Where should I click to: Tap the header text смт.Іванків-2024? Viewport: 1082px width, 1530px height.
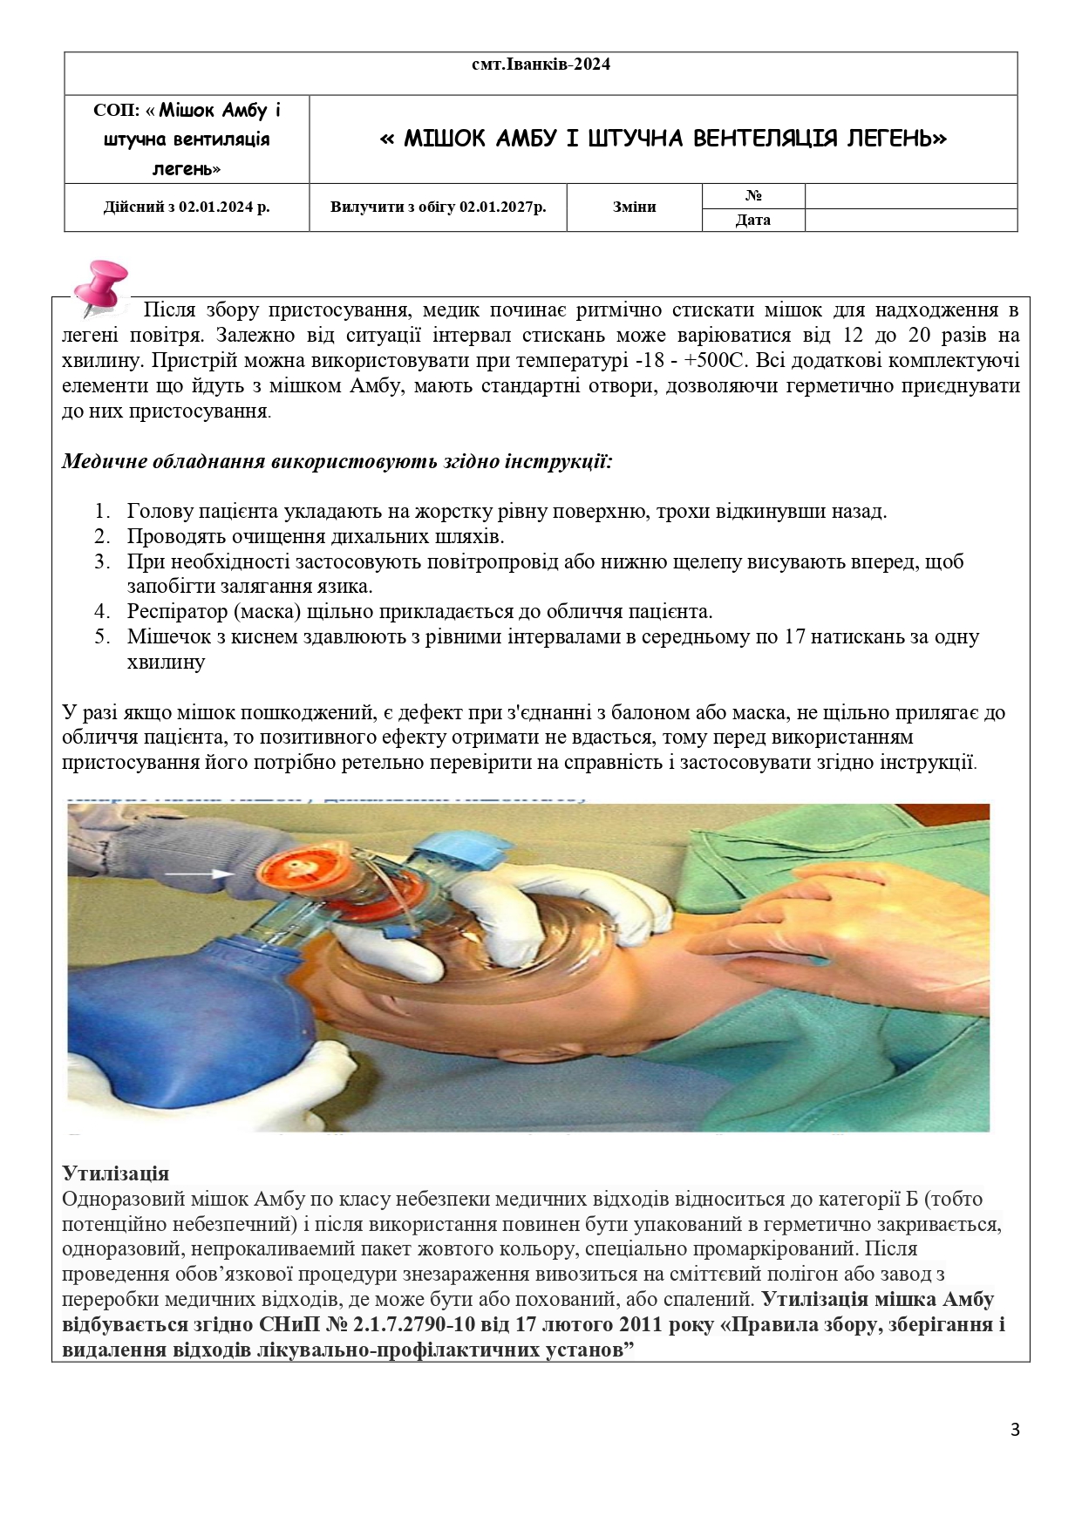click(541, 65)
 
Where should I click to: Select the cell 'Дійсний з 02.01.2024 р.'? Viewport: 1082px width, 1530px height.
click(187, 207)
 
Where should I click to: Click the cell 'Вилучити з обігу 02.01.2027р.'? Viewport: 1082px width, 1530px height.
click(438, 207)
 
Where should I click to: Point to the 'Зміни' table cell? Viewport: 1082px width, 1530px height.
click(634, 207)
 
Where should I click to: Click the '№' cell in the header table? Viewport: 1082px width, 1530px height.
click(753, 196)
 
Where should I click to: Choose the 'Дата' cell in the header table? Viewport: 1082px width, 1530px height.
click(752, 220)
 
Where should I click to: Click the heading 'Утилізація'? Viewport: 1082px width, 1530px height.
click(116, 1173)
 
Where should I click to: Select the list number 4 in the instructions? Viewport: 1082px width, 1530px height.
click(103, 612)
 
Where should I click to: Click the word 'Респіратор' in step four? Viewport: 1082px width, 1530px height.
click(177, 612)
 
